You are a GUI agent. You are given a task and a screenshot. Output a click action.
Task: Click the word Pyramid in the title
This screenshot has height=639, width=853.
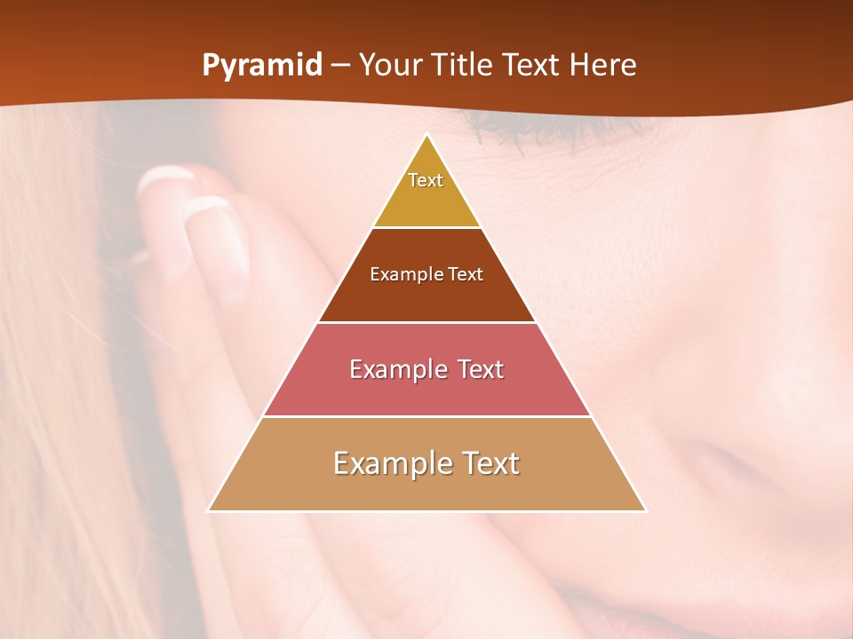point(262,66)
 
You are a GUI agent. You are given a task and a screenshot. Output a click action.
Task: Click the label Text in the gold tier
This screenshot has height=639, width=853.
point(426,180)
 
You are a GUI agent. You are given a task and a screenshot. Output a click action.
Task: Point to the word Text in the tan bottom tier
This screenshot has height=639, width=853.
point(490,463)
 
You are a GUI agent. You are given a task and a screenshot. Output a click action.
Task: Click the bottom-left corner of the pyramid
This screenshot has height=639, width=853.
point(209,510)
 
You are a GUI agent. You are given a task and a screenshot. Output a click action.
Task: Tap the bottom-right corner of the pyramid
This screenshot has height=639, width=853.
point(645,510)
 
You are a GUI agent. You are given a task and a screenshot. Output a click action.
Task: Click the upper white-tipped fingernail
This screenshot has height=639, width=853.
point(165,177)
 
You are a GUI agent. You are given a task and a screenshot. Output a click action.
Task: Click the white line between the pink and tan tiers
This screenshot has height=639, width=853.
point(426,416)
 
